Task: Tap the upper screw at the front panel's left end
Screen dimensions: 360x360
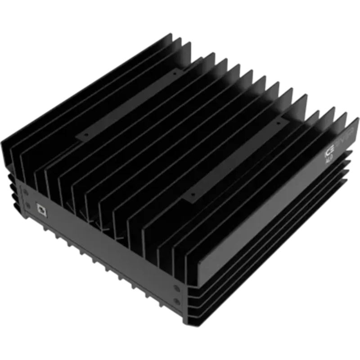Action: click(27, 193)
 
